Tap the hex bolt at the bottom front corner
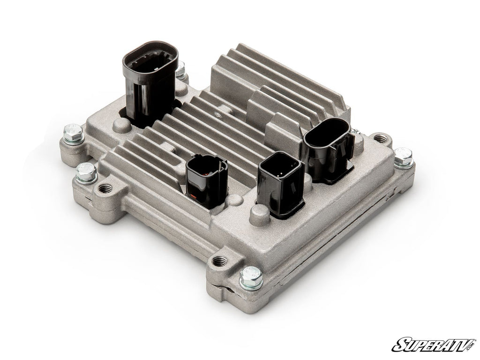point(251,277)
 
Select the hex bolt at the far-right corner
point(403,157)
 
